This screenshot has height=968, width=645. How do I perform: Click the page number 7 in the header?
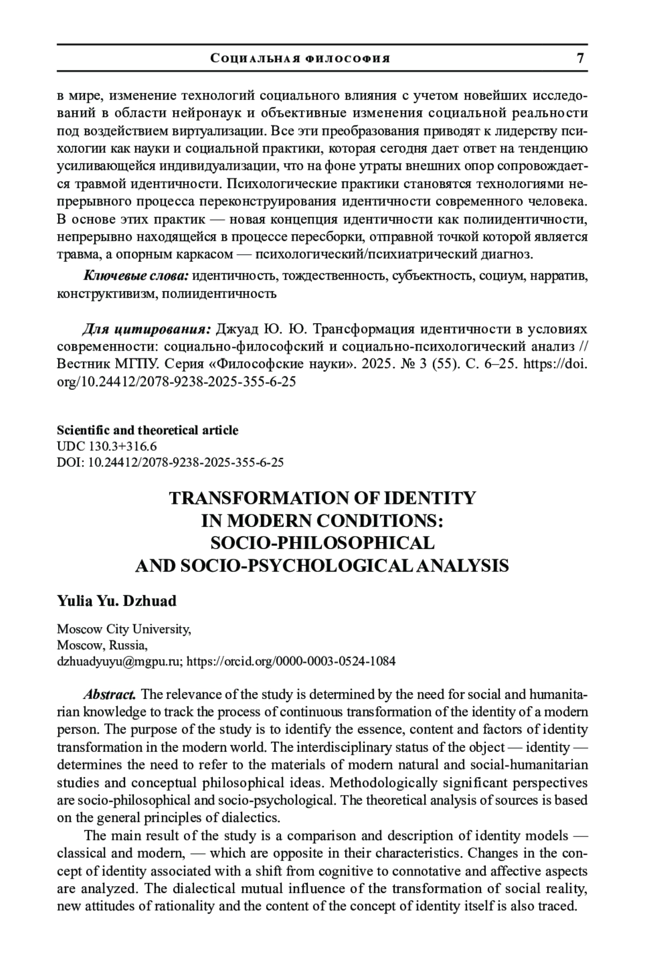pos(580,58)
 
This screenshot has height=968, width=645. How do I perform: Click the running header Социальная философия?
pos(300,59)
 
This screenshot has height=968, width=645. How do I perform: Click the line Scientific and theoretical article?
pos(147,430)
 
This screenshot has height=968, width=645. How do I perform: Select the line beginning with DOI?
pos(170,462)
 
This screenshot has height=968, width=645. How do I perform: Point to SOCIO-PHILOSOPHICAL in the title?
pos(322,543)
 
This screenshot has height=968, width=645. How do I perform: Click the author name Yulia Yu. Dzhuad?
pos(117,601)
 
